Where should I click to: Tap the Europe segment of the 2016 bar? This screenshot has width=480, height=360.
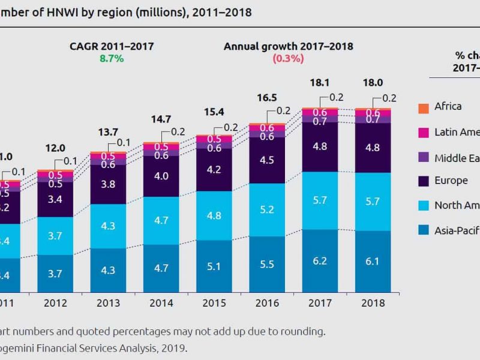point(266,161)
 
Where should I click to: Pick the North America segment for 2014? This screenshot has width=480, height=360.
point(161,220)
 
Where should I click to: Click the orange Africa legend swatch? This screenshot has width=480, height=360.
point(422,107)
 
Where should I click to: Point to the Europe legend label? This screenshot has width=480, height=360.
point(451,180)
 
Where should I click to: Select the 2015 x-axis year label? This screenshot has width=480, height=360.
point(214,304)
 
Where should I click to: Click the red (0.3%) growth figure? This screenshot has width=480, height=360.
point(289,59)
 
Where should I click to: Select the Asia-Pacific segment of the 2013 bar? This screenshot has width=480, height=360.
point(108,270)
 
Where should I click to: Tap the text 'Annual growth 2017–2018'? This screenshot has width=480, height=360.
point(289,46)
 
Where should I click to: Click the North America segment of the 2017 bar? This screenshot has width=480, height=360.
point(320,200)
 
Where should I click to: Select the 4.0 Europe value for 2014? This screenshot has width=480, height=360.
point(161,176)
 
